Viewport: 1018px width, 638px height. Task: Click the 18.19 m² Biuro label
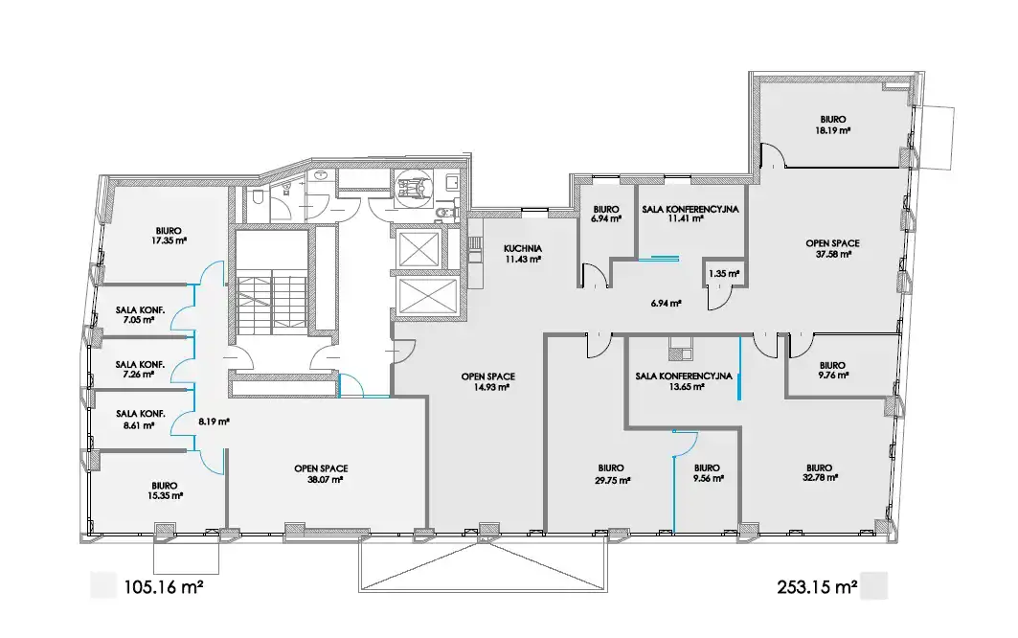click(x=833, y=125)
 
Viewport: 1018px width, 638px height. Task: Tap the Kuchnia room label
click(x=523, y=254)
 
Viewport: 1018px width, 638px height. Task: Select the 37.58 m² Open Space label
click(x=833, y=249)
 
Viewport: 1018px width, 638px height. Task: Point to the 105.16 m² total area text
click(x=164, y=587)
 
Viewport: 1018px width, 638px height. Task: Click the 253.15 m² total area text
click(x=818, y=587)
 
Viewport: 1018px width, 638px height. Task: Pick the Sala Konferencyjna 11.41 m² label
click(x=690, y=214)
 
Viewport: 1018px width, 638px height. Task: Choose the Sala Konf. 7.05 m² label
click(x=140, y=315)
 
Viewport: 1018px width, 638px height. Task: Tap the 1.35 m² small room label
click(x=724, y=274)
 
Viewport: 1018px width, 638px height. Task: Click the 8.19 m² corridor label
click(x=214, y=421)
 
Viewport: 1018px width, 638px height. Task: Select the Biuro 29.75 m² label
click(x=612, y=474)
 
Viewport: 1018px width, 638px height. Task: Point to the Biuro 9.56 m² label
click(x=707, y=473)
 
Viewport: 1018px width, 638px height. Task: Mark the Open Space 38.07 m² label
click(x=322, y=474)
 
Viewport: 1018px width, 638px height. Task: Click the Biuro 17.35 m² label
click(x=169, y=236)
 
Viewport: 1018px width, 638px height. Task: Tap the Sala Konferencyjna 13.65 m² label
click(x=684, y=381)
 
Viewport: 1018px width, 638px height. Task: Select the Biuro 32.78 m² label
click(x=820, y=472)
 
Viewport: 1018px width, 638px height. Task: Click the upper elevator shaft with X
click(x=419, y=249)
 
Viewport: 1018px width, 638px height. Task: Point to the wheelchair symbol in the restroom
click(x=414, y=188)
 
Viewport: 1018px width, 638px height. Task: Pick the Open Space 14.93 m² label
click(x=488, y=381)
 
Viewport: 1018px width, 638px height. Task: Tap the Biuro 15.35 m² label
click(x=165, y=490)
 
